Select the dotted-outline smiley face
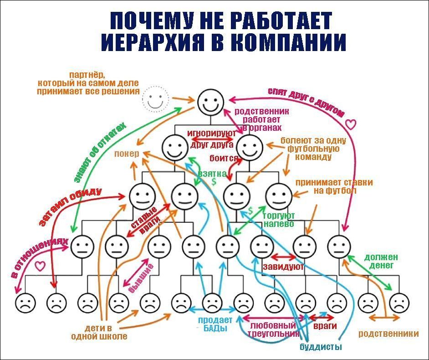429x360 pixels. [155, 99]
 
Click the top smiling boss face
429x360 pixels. [211, 101]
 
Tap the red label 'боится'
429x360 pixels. [224, 158]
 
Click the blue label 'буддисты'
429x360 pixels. [321, 347]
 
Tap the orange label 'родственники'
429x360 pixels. [388, 333]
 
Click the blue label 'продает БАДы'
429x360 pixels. [214, 324]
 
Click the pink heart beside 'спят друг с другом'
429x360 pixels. [350, 123]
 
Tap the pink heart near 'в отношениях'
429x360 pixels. [41, 264]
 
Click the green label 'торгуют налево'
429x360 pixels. [279, 219]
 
